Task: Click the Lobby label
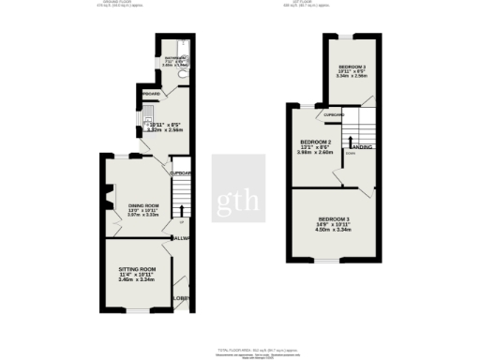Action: pos(182,298)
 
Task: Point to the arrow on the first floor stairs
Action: pos(351,142)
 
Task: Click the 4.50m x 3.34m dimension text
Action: pos(333,228)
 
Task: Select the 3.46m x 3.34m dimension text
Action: pos(137,279)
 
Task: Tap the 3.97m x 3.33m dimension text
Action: pos(143,215)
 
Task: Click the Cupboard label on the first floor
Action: pos(334,115)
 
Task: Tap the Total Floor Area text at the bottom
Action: pos(240,347)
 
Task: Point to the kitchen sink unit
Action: pos(151,117)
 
